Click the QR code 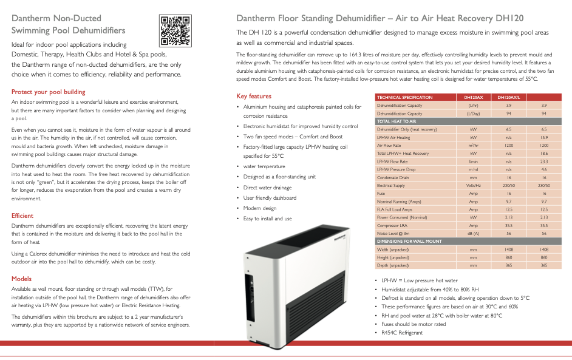(x=175, y=30)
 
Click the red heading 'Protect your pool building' (x=48, y=92)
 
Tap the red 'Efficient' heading (x=22, y=216)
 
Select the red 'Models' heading (x=21, y=279)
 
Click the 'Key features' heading (x=253, y=96)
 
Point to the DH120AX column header (x=474, y=97)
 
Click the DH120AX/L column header (x=509, y=97)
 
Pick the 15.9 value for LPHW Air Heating (x=543, y=137)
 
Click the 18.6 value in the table (x=543, y=154)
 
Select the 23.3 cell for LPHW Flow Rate (x=543, y=161)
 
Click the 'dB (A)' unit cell (x=473, y=233)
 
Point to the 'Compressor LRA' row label (x=393, y=225)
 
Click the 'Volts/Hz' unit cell (x=473, y=185)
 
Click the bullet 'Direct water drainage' (x=270, y=188)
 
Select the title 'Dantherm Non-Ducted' (x=56, y=18)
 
